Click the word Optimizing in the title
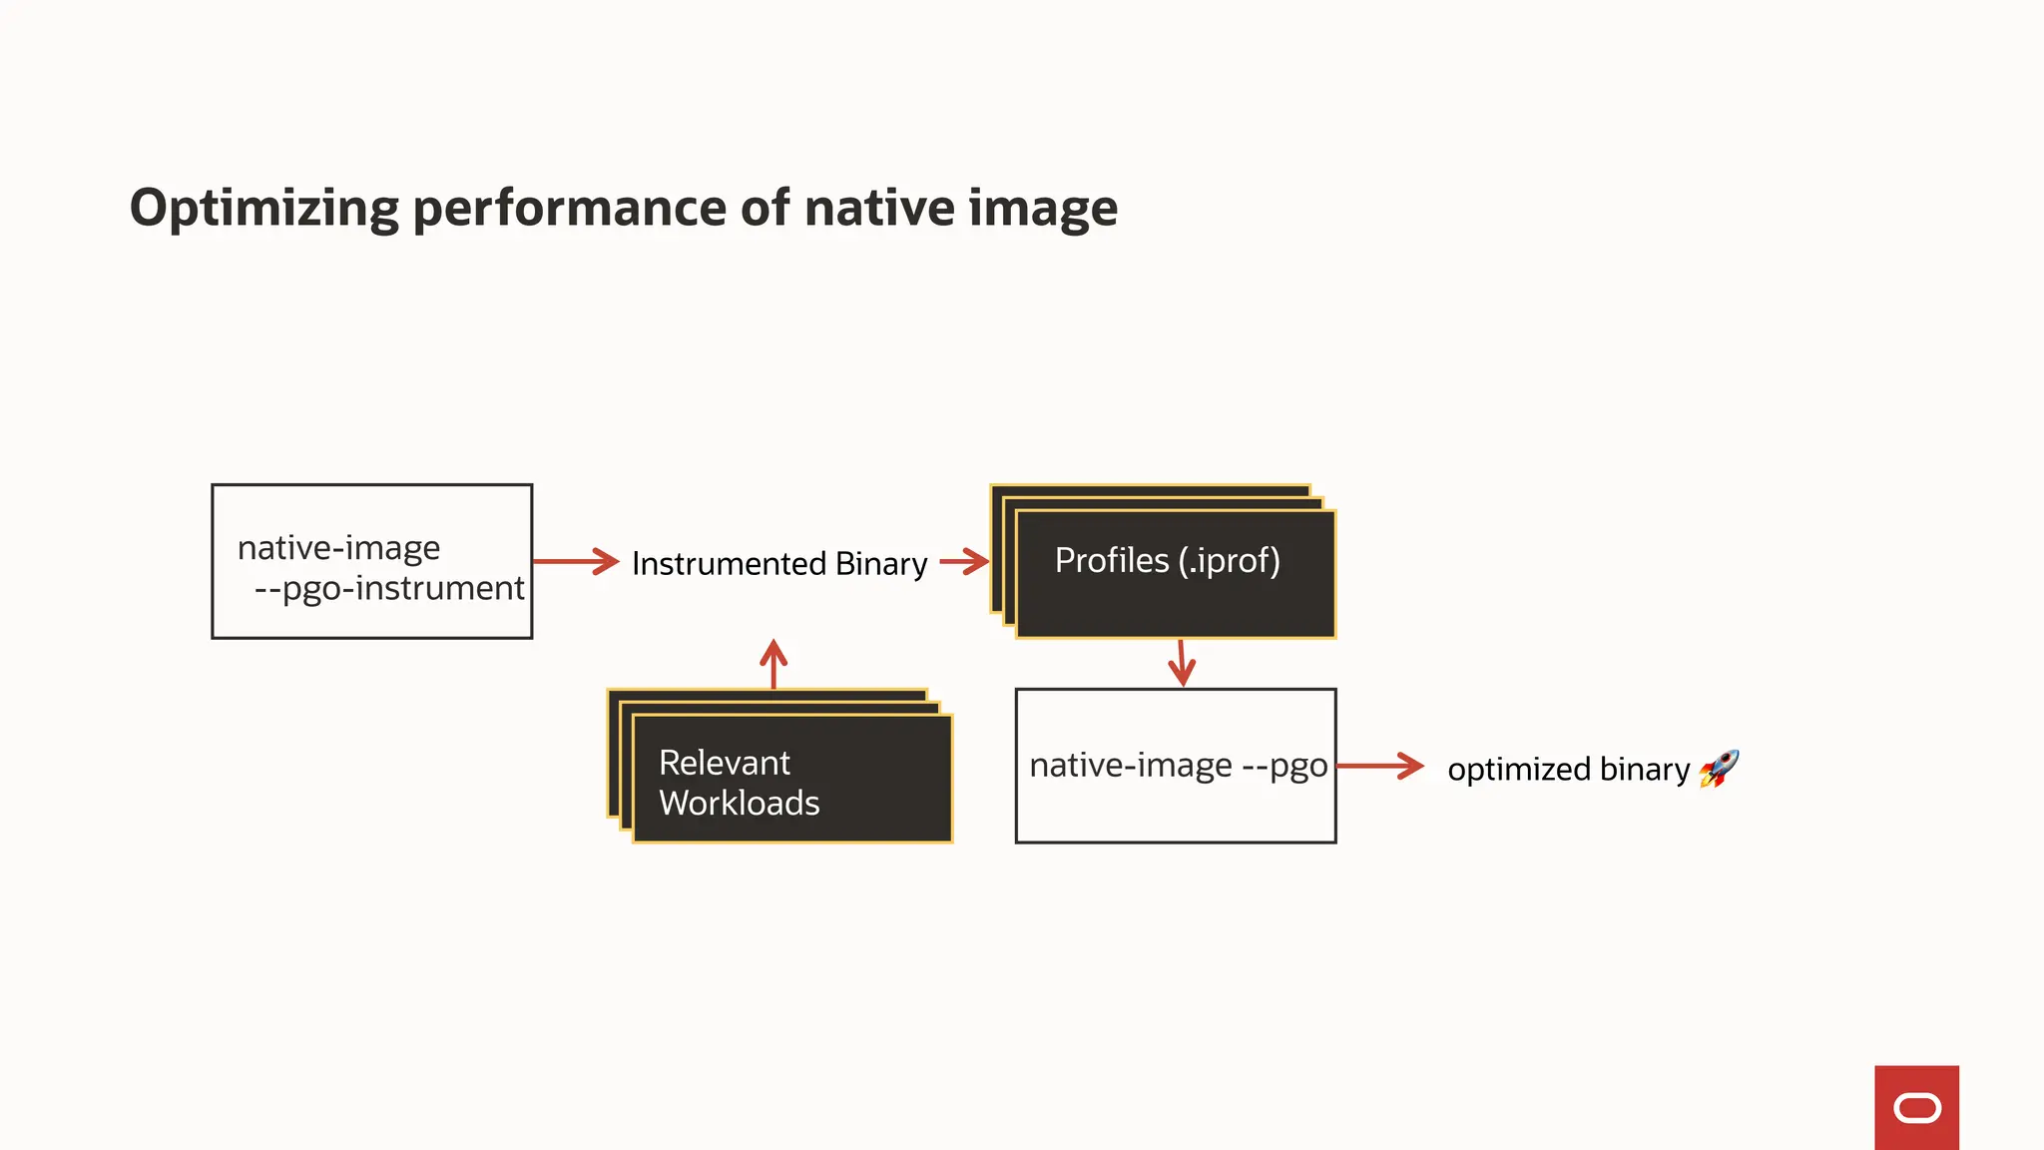click(263, 210)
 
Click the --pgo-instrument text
click(389, 589)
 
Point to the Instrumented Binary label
click(779, 564)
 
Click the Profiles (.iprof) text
click(1167, 561)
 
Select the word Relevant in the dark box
click(725, 764)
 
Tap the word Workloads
click(740, 804)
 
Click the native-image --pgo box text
click(1178, 766)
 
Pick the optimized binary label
click(1568, 770)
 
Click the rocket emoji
click(1719, 769)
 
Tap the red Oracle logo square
click(1916, 1107)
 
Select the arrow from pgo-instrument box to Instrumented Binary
click(577, 561)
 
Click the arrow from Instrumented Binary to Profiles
click(963, 561)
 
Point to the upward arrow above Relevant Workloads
click(773, 664)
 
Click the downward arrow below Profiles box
click(1182, 663)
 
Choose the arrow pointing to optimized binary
click(1380, 766)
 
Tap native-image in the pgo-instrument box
click(338, 548)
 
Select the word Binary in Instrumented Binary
click(881, 564)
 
